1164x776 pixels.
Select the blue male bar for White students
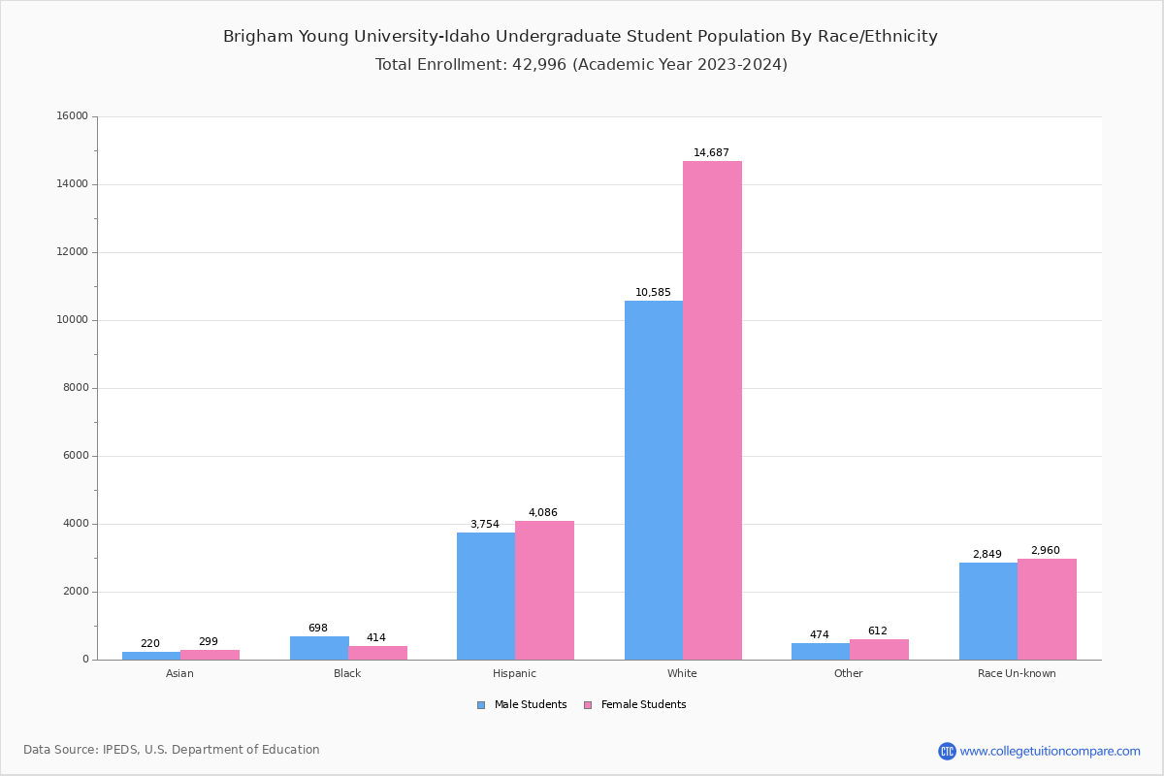pos(654,480)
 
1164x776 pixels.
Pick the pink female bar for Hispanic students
pos(544,590)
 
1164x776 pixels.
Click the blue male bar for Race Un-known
pos(988,611)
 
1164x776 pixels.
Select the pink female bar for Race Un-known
pos(1047,609)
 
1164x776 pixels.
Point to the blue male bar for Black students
pos(319,648)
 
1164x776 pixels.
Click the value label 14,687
pos(711,153)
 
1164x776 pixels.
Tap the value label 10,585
pos(653,293)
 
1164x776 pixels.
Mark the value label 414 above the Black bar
pos(376,638)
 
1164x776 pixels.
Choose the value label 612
pos(878,631)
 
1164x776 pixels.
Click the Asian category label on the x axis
pos(179,673)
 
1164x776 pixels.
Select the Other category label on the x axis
pos(848,673)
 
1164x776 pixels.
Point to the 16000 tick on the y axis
pos(74,116)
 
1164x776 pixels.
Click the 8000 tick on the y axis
pos(77,388)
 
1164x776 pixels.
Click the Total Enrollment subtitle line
pos(581,65)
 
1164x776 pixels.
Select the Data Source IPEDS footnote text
pos(172,750)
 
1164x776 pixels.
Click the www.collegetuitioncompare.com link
pos(1050,751)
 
